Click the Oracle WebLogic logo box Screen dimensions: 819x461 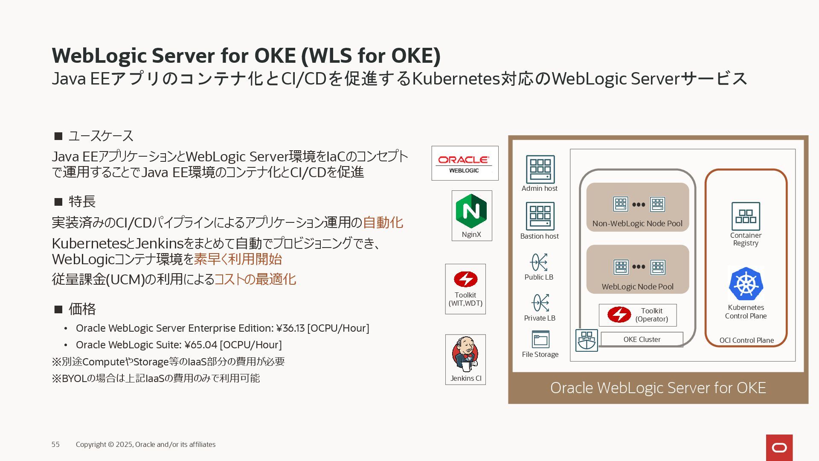click(x=465, y=163)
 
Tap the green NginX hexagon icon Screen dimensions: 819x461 click(x=471, y=210)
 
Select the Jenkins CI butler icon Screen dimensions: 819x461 click(x=465, y=354)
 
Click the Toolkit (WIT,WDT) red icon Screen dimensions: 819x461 click(x=465, y=279)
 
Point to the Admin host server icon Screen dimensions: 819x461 click(x=540, y=169)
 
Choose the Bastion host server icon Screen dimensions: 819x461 click(x=540, y=216)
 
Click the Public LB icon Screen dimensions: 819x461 click(x=539, y=262)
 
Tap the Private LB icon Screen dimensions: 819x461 click(x=540, y=303)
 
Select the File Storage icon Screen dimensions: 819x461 click(x=540, y=339)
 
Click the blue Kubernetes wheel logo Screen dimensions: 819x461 click(x=746, y=284)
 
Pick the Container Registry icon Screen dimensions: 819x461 click(x=746, y=216)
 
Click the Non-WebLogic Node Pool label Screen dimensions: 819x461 click(x=637, y=224)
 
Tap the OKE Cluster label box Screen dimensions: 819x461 click(x=642, y=339)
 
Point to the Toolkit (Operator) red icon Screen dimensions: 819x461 click(x=619, y=315)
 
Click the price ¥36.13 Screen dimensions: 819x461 click(x=290, y=328)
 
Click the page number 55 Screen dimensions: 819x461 click(x=55, y=444)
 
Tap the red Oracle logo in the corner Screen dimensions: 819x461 click(x=779, y=447)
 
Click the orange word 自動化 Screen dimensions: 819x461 click(x=383, y=222)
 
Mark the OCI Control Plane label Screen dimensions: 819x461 click(x=746, y=340)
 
